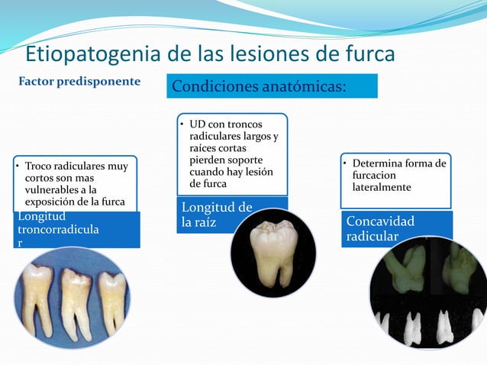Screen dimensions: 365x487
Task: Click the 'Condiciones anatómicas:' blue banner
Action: pyautogui.click(x=272, y=86)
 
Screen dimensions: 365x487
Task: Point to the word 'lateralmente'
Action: pyautogui.click(x=382, y=187)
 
